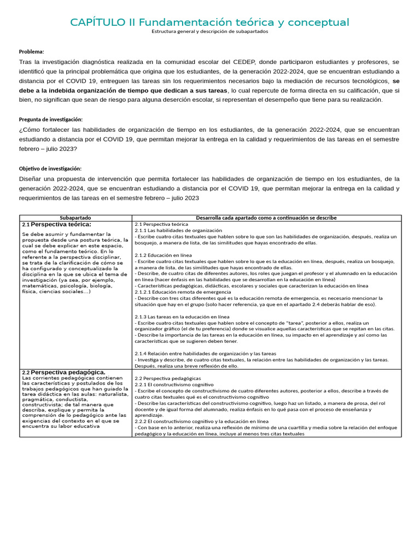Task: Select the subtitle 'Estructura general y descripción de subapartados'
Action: click(x=210, y=32)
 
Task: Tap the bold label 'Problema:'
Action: click(x=32, y=52)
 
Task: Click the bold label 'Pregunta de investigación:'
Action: click(x=51, y=119)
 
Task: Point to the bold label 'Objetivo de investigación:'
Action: click(x=50, y=169)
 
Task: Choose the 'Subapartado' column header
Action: click(x=75, y=218)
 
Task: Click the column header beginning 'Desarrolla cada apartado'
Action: click(x=266, y=218)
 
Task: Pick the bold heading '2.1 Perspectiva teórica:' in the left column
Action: click(x=56, y=224)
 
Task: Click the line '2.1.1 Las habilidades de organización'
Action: click(x=178, y=231)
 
